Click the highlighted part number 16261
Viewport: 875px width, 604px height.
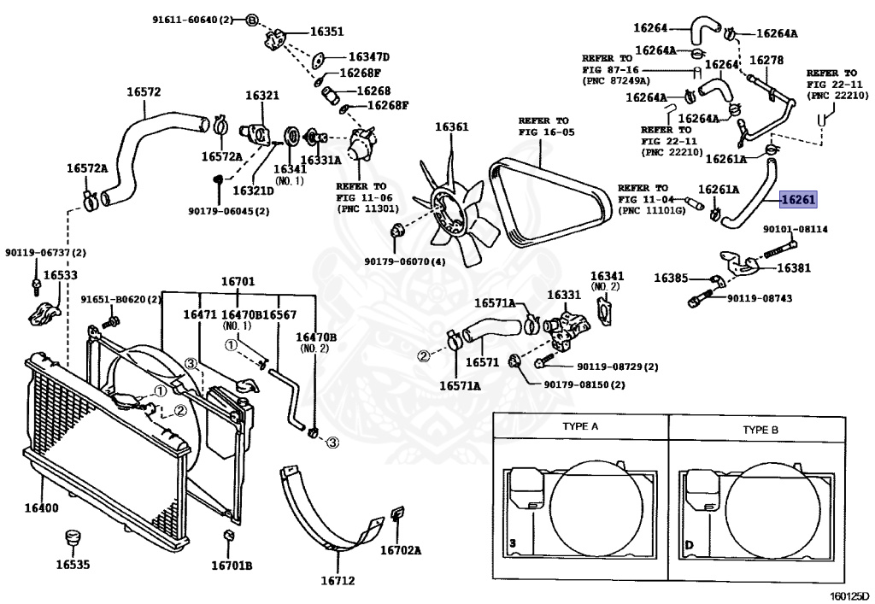pos(798,199)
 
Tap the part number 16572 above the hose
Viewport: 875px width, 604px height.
pos(144,92)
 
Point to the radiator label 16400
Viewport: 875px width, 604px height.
pos(41,507)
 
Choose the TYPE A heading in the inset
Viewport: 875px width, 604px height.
pos(580,426)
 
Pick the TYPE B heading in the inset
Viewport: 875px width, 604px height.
pos(760,430)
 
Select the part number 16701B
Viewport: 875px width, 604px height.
pos(232,566)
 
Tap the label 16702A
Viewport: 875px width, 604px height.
pos(401,550)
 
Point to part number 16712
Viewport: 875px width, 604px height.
pos(338,581)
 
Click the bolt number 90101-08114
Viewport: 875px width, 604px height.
pos(796,229)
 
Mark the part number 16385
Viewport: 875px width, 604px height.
pos(671,278)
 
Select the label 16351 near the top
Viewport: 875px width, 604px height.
pos(327,32)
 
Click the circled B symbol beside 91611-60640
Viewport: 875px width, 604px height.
pos(252,21)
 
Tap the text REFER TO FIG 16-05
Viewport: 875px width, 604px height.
pos(546,126)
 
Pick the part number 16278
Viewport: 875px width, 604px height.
pos(766,61)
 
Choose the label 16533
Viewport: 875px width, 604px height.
pos(61,275)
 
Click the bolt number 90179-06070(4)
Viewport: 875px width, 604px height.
pos(405,261)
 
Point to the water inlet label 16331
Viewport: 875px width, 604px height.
pos(564,295)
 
